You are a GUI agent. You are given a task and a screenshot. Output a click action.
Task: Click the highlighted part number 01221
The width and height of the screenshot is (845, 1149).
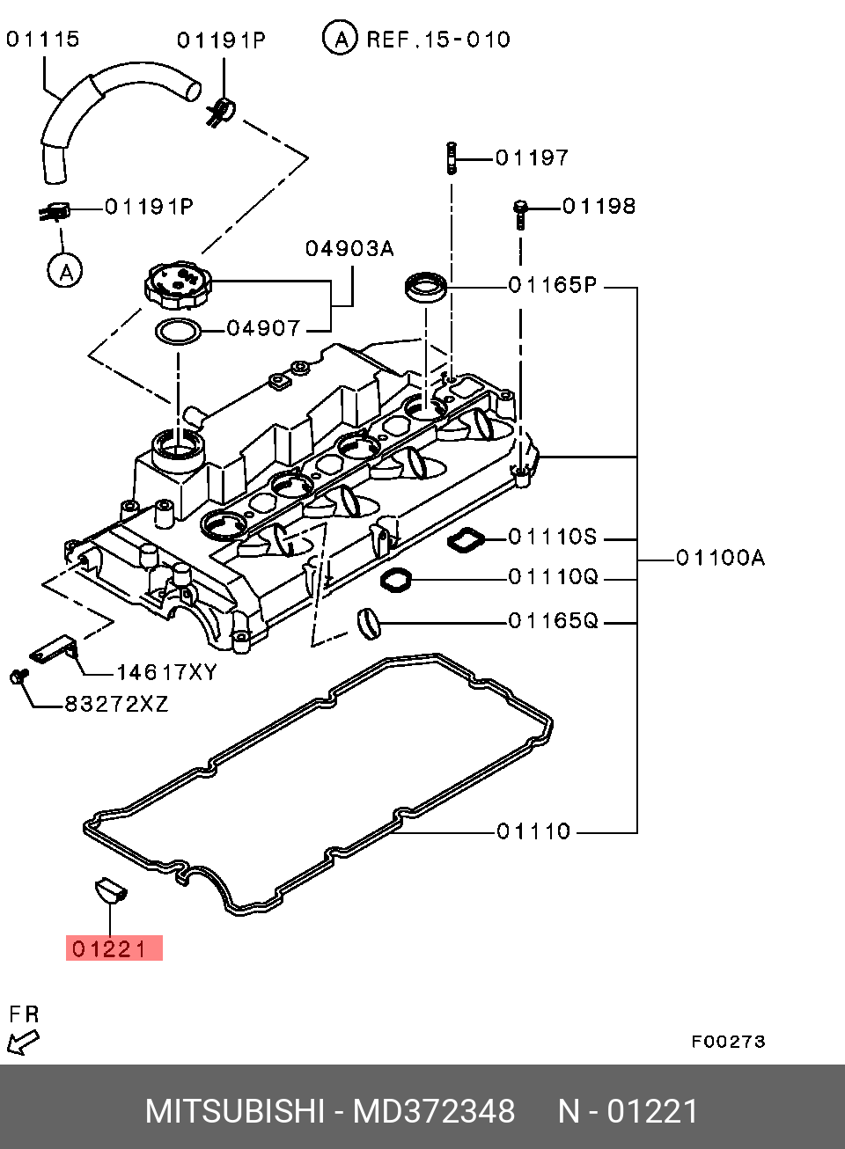click(x=114, y=948)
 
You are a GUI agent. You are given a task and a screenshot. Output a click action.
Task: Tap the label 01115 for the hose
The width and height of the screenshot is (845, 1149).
click(x=43, y=40)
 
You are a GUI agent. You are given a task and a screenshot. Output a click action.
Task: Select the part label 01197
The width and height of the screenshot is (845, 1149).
click(x=533, y=158)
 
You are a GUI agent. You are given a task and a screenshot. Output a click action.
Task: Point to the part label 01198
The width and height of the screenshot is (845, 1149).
click(x=599, y=207)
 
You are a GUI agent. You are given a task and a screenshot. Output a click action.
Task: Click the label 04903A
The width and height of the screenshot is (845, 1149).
click(x=349, y=249)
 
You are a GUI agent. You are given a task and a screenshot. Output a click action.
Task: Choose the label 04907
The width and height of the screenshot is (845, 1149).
click(x=264, y=329)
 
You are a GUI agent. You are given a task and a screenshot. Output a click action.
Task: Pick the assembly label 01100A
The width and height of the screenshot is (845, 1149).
click(x=721, y=558)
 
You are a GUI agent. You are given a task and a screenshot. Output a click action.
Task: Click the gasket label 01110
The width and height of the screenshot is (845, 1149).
click(x=534, y=831)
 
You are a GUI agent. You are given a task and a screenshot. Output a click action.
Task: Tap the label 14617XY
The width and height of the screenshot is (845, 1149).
click(x=166, y=673)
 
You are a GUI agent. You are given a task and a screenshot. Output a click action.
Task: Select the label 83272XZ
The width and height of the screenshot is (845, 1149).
click(x=116, y=705)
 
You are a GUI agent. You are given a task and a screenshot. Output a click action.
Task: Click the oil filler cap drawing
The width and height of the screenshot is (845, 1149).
click(x=179, y=284)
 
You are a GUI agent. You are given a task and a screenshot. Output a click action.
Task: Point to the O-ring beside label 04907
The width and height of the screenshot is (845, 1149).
click(x=178, y=333)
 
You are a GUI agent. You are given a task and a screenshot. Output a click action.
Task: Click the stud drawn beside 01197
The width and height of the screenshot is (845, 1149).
click(x=452, y=157)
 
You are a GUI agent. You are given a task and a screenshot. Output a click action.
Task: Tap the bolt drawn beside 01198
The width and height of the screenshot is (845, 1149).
click(x=520, y=212)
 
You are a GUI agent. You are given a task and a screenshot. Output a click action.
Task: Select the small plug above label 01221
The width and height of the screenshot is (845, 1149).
click(x=110, y=889)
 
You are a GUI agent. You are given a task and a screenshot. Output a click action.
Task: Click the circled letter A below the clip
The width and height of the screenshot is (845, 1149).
click(x=65, y=270)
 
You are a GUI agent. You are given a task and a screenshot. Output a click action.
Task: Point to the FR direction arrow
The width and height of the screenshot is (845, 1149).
click(x=22, y=1043)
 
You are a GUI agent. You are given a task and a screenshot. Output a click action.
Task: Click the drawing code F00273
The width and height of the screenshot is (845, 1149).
click(x=728, y=1042)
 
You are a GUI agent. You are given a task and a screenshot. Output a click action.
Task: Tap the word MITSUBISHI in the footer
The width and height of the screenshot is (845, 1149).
click(x=235, y=1111)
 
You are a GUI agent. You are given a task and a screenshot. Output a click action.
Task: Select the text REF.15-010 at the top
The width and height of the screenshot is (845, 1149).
click(x=437, y=40)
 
